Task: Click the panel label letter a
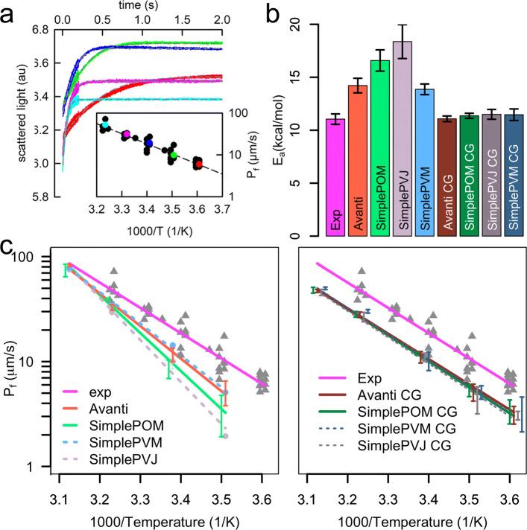pyautogui.click(x=8, y=11)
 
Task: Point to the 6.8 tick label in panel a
pyautogui.click(x=40, y=31)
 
